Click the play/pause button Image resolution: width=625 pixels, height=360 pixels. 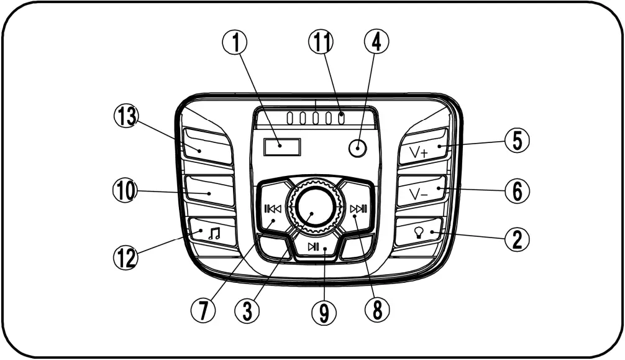[x=315, y=247]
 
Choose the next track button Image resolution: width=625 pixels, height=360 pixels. [x=358, y=209]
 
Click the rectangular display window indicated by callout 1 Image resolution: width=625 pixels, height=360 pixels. [x=281, y=147]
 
